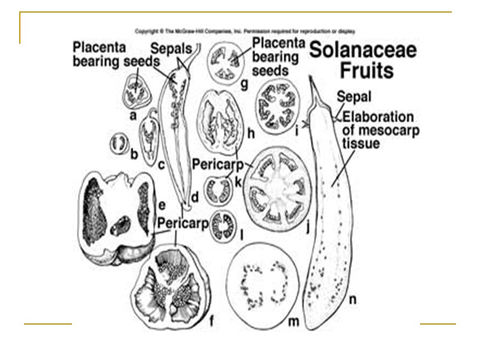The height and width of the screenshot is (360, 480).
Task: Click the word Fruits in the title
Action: (x=367, y=71)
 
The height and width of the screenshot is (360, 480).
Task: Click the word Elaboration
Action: (x=378, y=116)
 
